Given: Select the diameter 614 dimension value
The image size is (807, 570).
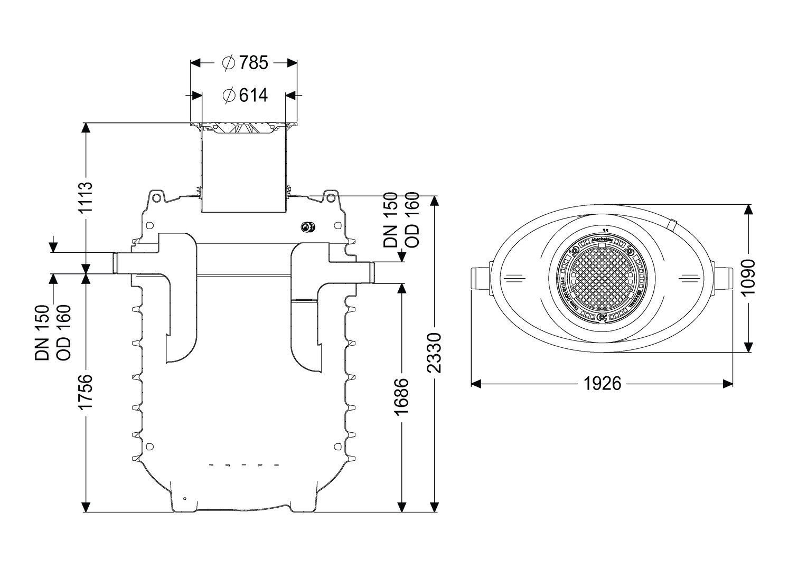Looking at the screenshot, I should tap(246, 96).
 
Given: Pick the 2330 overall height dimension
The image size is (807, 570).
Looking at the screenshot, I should tap(434, 353).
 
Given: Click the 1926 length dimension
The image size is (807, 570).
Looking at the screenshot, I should tap(602, 384).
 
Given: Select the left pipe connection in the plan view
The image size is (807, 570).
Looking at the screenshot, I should tap(480, 278).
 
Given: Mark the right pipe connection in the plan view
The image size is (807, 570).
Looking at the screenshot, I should tap(724, 278).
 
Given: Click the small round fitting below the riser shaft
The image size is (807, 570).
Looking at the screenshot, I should tap(306, 227).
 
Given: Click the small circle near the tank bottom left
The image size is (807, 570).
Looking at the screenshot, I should tap(184, 498).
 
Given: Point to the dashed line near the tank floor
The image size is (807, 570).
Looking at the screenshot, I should tap(244, 465).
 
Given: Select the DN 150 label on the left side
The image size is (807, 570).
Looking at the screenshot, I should tap(42, 332).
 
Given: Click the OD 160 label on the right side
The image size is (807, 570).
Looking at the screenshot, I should tap(412, 220).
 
